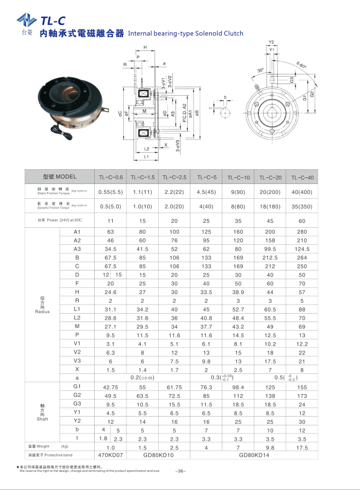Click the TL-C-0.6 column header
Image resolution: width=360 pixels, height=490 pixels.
click(111, 177)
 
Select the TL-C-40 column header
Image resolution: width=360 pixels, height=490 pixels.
click(302, 177)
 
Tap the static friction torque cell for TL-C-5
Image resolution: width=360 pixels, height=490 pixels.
click(206, 192)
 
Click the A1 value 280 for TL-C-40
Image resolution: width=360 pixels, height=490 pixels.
click(302, 232)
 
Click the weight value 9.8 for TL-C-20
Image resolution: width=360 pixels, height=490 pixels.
click(270, 447)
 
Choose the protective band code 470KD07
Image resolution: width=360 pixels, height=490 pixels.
click(111, 455)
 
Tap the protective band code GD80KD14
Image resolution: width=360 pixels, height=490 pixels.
click(254, 455)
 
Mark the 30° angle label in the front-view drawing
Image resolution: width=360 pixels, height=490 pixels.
click(260, 70)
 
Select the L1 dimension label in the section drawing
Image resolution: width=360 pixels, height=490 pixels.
click(147, 157)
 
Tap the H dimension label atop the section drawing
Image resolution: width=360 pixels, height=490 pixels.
click(145, 47)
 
